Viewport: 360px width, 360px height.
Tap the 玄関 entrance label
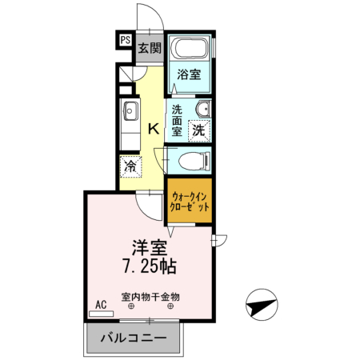click(x=149, y=48)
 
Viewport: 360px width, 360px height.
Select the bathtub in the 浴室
click(x=191, y=50)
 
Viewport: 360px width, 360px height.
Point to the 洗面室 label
click(x=177, y=119)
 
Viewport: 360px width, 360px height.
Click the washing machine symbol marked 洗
click(x=198, y=128)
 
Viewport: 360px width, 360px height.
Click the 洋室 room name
click(x=150, y=247)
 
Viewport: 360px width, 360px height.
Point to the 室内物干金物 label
click(x=150, y=296)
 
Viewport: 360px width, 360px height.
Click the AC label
click(x=101, y=305)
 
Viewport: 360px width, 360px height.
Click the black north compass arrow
click(x=263, y=304)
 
